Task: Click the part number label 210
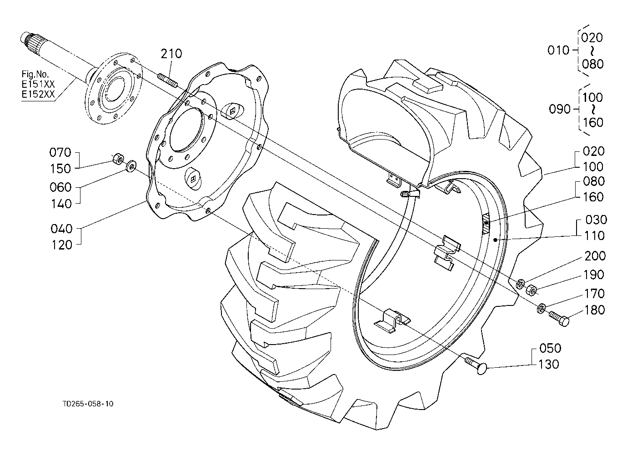(171, 54)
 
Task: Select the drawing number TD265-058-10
(88, 404)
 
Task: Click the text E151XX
(38, 84)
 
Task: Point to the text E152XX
(38, 94)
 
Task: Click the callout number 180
(594, 310)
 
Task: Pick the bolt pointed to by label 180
(559, 319)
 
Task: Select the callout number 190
(594, 275)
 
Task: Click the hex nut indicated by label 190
(532, 290)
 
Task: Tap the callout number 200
(595, 256)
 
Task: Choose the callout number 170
(594, 294)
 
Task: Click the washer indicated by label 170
(541, 308)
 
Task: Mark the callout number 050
(550, 348)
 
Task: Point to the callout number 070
(60, 153)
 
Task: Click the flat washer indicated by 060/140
(130, 166)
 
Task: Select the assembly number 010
(558, 50)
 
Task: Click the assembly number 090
(560, 109)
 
